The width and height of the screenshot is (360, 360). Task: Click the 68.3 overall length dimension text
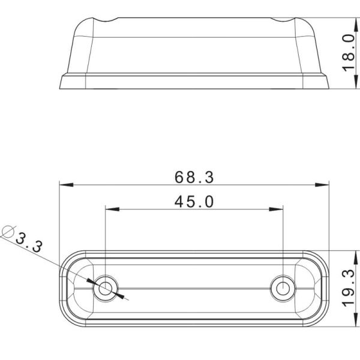(194, 177)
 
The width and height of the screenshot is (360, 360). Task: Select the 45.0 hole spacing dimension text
(194, 202)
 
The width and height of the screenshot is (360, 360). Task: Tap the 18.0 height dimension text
(347, 53)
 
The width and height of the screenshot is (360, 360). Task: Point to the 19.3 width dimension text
(347, 289)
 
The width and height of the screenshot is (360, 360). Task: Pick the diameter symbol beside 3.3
(8, 231)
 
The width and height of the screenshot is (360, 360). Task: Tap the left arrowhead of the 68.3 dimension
(65, 184)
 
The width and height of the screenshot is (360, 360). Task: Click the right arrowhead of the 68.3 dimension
(323, 184)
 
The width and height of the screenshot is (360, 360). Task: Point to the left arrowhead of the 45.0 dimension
(112, 209)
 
